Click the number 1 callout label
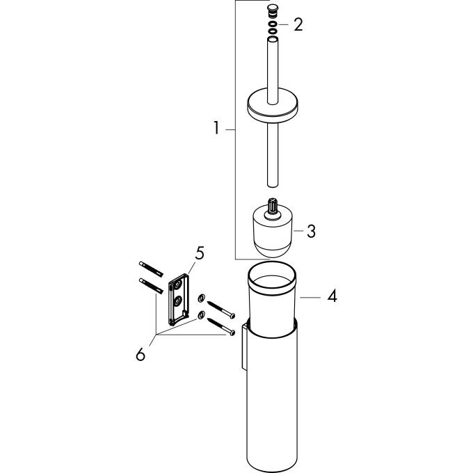pyautogui.click(x=216, y=129)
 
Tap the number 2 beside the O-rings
pyautogui.click(x=298, y=26)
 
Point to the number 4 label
pyautogui.click(x=332, y=296)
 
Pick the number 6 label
pyautogui.click(x=141, y=354)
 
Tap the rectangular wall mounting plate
pyautogui.click(x=177, y=298)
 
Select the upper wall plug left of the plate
pyautogui.click(x=152, y=266)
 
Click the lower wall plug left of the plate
pyautogui.click(x=152, y=285)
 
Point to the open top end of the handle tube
pyautogui.click(x=273, y=42)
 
